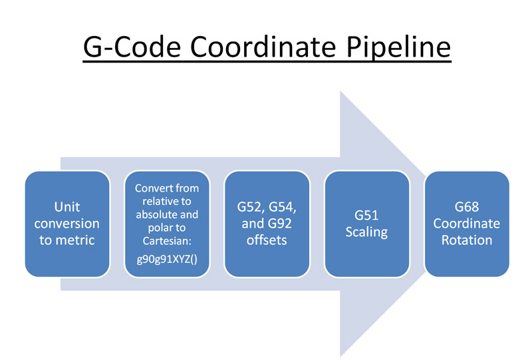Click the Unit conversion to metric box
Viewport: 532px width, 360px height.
[x=67, y=224]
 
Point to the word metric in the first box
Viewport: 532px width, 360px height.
[x=67, y=240]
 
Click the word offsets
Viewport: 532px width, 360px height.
[x=267, y=240]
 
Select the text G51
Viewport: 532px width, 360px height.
[x=366, y=216]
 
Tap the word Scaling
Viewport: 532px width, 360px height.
[x=366, y=232]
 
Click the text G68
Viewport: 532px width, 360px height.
[x=466, y=208]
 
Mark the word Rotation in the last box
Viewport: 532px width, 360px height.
[x=466, y=240]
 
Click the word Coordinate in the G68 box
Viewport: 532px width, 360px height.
[x=466, y=224]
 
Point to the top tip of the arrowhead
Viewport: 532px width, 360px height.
[x=340, y=91]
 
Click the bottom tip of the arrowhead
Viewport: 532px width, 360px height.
[x=340, y=356]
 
